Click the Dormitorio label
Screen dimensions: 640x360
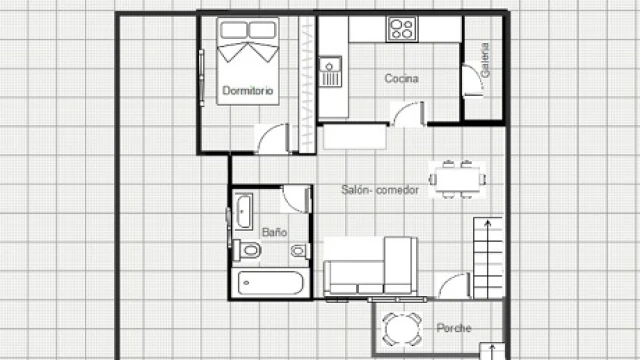[248, 90]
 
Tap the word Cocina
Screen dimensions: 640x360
[402, 78]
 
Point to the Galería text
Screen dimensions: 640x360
[485, 60]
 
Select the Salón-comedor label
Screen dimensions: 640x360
[380, 190]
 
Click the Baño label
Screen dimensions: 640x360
[274, 232]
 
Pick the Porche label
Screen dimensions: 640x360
[454, 328]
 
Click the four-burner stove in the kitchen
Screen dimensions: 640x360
[402, 29]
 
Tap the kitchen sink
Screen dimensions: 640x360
[330, 72]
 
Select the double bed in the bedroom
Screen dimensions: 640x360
[248, 61]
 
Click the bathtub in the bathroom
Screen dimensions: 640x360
[271, 283]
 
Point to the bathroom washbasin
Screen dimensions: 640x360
[244, 211]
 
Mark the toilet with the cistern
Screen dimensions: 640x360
[247, 250]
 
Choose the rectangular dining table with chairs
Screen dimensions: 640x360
[458, 180]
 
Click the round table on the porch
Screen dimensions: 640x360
[402, 329]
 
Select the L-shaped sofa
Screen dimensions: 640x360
[370, 266]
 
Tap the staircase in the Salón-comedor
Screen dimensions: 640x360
[488, 258]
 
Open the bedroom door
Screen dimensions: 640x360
[273, 139]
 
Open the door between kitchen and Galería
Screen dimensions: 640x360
[473, 80]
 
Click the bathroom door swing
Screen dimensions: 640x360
[297, 199]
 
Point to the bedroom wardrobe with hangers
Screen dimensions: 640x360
[307, 85]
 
